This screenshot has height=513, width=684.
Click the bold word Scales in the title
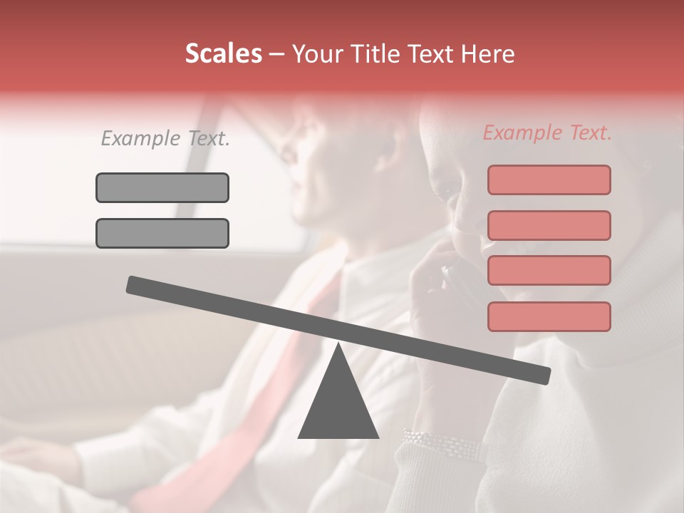coord(224,54)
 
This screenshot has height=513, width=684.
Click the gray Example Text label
coord(165,139)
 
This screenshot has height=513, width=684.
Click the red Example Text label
coord(547,133)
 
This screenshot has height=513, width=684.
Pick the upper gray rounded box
coord(162,187)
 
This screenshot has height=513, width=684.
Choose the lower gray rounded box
coord(162,233)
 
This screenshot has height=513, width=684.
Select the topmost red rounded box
coord(549,180)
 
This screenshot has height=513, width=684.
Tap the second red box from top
coord(549,225)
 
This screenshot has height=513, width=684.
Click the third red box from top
coord(549,270)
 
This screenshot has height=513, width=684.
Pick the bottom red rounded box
coord(549,316)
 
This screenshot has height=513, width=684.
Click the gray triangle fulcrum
coord(338,406)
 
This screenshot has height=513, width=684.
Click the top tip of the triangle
coord(338,345)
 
